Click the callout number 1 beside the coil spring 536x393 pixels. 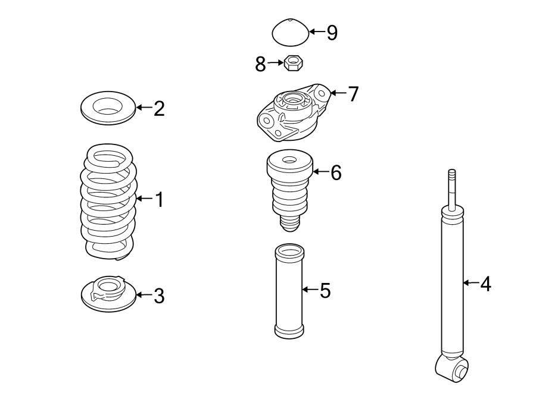pyautogui.click(x=158, y=199)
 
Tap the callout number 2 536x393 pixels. pyautogui.click(x=158, y=108)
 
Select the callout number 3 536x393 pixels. pyautogui.click(x=158, y=295)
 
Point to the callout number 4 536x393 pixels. pyautogui.click(x=485, y=284)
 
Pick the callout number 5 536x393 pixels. pyautogui.click(x=325, y=291)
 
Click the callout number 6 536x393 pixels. pyautogui.click(x=336, y=173)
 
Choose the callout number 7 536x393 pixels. pyautogui.click(x=353, y=93)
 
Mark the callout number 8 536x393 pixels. pyautogui.click(x=260, y=64)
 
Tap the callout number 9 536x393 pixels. pyautogui.click(x=332, y=33)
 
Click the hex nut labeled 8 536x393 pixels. pyautogui.click(x=293, y=62)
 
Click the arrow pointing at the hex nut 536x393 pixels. pyautogui.click(x=275, y=62)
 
